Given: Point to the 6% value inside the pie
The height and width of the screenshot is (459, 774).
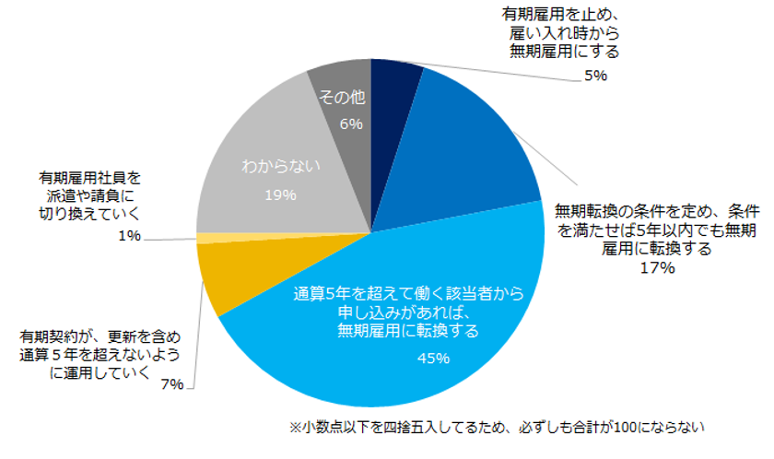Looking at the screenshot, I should [x=351, y=124].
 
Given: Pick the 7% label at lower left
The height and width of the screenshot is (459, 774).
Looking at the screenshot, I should [x=171, y=384].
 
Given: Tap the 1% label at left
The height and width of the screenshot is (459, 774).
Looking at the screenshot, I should [x=129, y=236].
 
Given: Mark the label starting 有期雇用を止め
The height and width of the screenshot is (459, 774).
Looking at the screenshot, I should [x=564, y=33].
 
